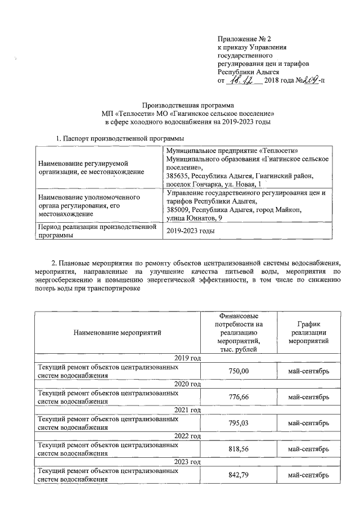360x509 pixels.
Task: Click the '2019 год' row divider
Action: pos(187,358)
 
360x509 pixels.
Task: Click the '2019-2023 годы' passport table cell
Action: pos(190,231)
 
